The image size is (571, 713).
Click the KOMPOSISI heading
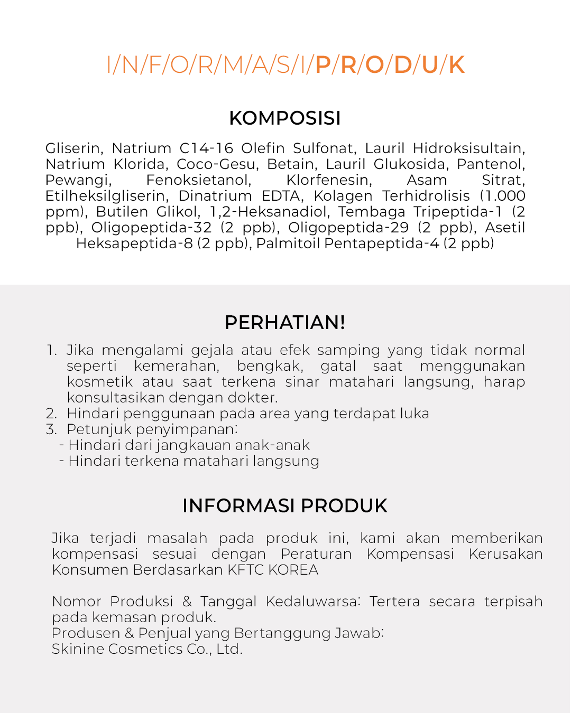[285, 118]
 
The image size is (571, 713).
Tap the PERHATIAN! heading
[285, 323]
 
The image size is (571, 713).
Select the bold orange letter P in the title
[323, 65]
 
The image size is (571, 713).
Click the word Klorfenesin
[329, 180]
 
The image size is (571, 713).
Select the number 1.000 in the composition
[505, 196]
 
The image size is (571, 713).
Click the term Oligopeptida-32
[151, 228]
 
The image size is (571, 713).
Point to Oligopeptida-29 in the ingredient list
[348, 228]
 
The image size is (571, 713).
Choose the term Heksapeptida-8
[134, 243]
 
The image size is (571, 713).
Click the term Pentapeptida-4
[382, 243]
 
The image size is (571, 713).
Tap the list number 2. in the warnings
[51, 414]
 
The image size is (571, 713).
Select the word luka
[414, 414]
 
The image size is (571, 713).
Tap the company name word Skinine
[78, 649]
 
